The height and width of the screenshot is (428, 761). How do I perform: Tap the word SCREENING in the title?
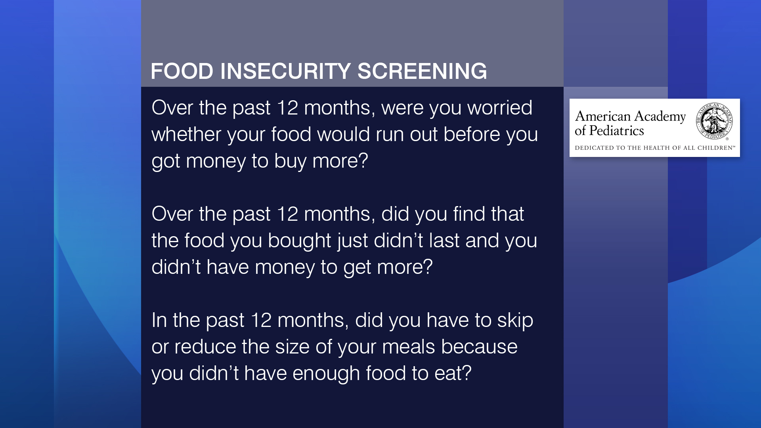coord(422,71)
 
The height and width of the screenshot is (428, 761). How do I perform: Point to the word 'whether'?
coord(186,134)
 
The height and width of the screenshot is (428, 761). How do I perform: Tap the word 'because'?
coord(480,347)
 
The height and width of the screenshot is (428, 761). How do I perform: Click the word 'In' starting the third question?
coord(159,320)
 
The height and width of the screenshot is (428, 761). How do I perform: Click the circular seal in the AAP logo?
coord(714,121)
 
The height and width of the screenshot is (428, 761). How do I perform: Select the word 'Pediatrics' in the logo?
coord(617,130)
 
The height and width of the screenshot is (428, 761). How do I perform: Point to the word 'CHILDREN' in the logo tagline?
coord(715,148)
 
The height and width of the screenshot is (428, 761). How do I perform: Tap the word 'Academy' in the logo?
coord(660,117)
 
